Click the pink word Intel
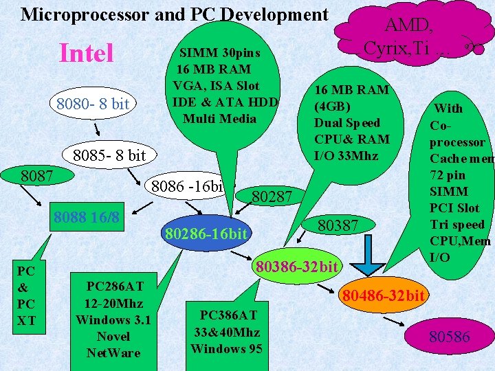(x=87, y=53)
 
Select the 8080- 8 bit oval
(x=93, y=104)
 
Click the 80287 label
(x=272, y=199)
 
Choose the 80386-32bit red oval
(x=296, y=266)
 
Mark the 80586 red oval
(x=449, y=337)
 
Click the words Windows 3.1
(x=113, y=319)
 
